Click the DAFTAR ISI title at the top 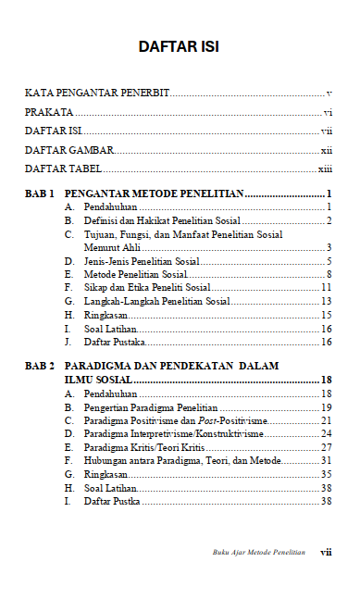[x=179, y=45]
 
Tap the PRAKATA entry [x=48, y=112]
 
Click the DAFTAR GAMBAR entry [x=68, y=149]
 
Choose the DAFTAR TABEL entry [x=63, y=169]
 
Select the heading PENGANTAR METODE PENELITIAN [x=153, y=194]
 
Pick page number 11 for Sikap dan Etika [x=326, y=289]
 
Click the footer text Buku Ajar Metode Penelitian [x=258, y=552]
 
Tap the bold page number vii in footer [x=326, y=552]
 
